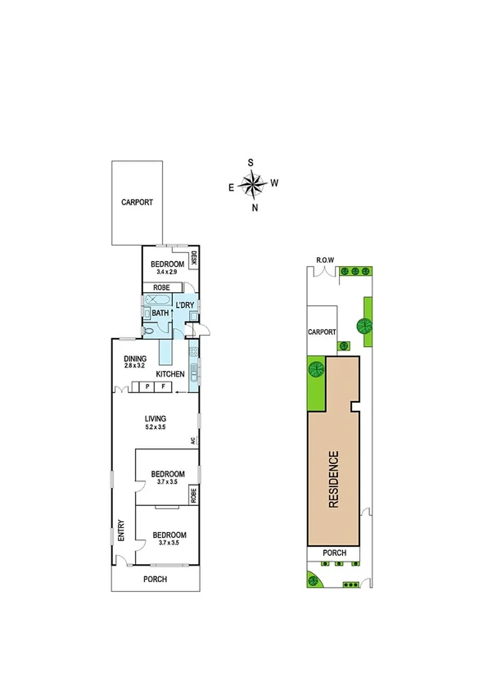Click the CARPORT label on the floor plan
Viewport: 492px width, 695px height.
click(137, 202)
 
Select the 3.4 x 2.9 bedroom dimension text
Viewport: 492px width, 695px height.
click(166, 271)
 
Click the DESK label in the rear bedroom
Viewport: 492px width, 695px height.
click(195, 258)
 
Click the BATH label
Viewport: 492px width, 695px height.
click(160, 312)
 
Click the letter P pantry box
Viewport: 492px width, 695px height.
click(147, 386)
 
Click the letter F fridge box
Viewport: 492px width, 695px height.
click(163, 386)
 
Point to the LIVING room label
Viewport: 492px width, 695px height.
click(155, 418)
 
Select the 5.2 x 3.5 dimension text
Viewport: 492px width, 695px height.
click(156, 427)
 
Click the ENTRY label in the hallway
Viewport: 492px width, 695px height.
click(120, 530)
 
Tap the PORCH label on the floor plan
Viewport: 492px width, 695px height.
click(155, 579)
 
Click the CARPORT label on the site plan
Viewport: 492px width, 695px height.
click(322, 332)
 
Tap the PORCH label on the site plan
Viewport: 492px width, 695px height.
click(334, 553)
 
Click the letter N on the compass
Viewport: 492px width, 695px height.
click(255, 208)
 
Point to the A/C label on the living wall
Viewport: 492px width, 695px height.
click(194, 440)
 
